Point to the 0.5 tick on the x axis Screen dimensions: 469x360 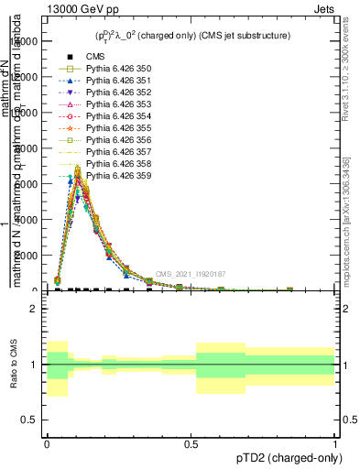pos(191,443)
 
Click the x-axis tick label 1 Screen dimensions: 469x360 pos(334,443)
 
